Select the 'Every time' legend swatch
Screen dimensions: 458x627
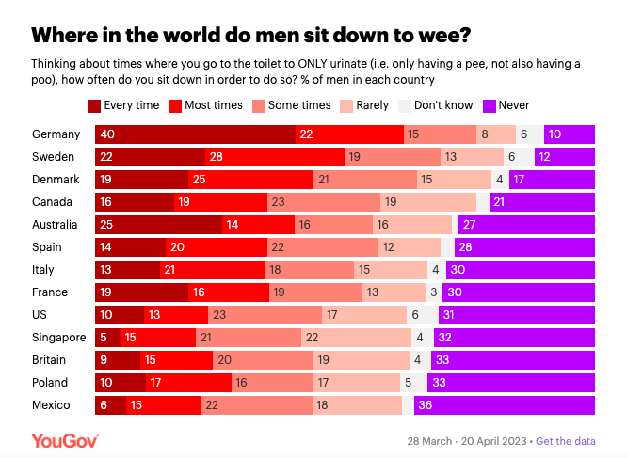coord(93,105)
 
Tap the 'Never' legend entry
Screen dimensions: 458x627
coord(489,105)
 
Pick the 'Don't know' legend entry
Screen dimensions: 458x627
coord(407,105)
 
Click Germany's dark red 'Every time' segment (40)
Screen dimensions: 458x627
coord(194,134)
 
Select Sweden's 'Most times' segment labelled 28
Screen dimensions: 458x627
coord(274,157)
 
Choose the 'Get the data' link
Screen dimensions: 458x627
coord(568,441)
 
